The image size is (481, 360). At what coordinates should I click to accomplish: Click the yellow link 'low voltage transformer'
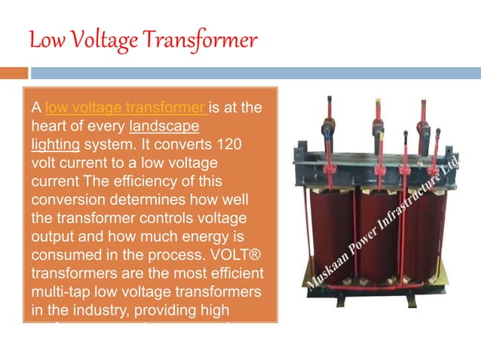[125, 108]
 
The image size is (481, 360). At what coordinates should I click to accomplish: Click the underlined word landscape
[164, 125]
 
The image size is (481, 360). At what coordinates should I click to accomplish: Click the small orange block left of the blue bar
[14, 73]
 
